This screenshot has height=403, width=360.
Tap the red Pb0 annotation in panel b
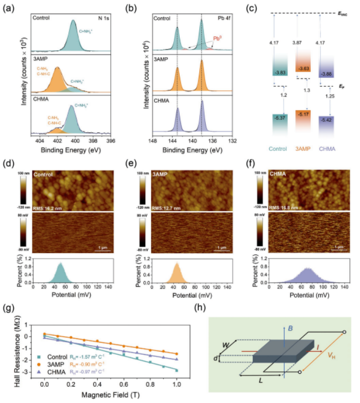point(217,39)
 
